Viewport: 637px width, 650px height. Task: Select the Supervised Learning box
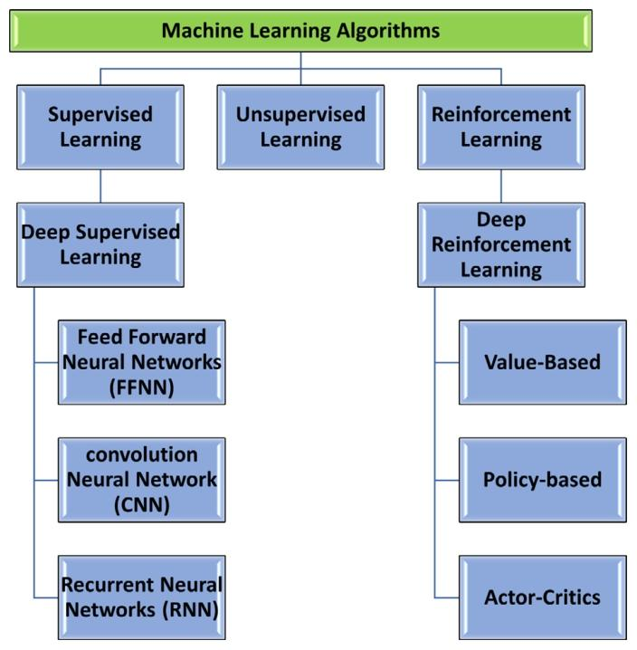[100, 128]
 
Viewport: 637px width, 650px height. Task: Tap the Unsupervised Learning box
[300, 128]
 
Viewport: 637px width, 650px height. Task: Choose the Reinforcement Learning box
[501, 128]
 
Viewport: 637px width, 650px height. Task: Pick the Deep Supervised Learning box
[100, 244]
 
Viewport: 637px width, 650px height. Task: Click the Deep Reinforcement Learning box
[501, 244]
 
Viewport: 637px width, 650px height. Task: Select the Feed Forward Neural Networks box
[141, 362]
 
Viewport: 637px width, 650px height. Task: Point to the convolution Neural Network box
[141, 480]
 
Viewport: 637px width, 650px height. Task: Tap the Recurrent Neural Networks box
[141, 597]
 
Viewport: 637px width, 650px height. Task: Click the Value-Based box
[543, 362]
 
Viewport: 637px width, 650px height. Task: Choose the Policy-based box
[543, 479]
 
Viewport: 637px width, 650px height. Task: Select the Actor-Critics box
[543, 597]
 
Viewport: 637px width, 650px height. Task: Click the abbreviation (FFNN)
[142, 386]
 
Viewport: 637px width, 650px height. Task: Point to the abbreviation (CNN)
[142, 503]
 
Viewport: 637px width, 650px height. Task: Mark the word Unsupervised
[300, 115]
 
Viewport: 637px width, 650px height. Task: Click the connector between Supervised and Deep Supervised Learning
[100, 186]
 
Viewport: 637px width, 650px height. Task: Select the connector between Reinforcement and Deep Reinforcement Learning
[501, 186]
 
